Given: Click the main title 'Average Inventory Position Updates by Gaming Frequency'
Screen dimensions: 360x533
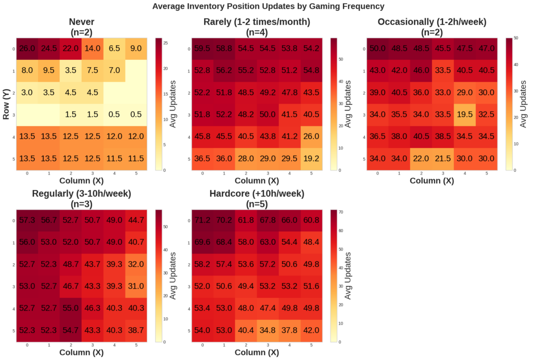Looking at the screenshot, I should pos(268,7).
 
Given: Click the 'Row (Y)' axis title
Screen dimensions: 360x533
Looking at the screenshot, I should pos(7,104).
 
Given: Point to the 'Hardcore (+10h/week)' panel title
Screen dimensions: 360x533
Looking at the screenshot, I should pos(256,194).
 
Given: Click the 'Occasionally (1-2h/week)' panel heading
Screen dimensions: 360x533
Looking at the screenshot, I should pos(432,22).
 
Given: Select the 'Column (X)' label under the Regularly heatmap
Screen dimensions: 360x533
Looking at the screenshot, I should pos(81,353).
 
